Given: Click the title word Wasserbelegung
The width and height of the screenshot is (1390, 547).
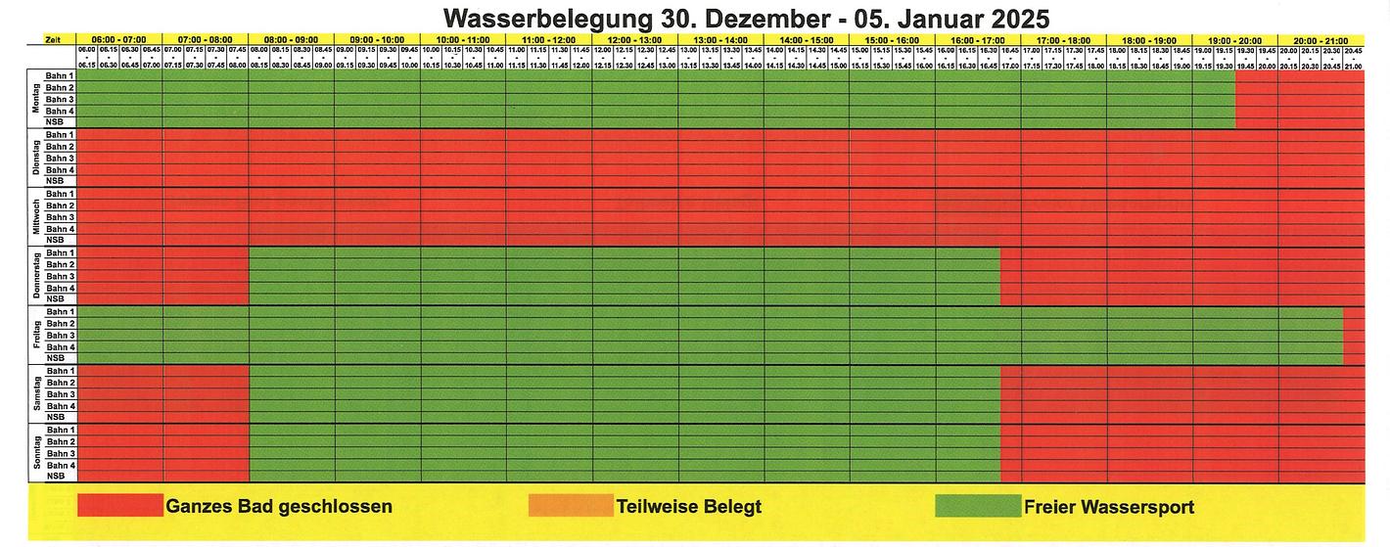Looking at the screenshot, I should click(540, 19).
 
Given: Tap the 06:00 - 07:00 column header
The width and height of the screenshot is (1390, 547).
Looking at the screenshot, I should click(119, 39).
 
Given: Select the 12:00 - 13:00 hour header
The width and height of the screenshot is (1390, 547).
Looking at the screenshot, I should click(634, 39).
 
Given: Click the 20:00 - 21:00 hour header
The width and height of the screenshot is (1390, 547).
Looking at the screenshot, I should click(1320, 39).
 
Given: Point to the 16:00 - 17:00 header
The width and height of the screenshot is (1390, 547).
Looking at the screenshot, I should click(977, 39).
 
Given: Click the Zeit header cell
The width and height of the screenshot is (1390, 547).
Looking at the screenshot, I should click(52, 39).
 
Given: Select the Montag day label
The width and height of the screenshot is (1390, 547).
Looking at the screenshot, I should click(36, 99).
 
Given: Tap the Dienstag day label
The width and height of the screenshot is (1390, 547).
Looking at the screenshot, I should click(36, 158).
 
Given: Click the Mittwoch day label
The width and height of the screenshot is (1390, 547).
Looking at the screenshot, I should click(36, 217).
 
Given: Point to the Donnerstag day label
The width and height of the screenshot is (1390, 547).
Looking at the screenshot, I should click(36, 276).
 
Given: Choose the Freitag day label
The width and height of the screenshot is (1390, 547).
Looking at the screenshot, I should click(36, 336).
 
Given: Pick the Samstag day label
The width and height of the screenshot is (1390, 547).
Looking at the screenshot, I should click(36, 394).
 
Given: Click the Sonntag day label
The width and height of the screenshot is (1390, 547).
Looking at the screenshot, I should click(36, 453).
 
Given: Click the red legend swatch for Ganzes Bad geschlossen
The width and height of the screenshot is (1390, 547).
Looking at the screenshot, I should click(119, 506).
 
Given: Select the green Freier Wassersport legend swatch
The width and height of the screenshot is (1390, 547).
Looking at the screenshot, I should click(977, 506).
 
